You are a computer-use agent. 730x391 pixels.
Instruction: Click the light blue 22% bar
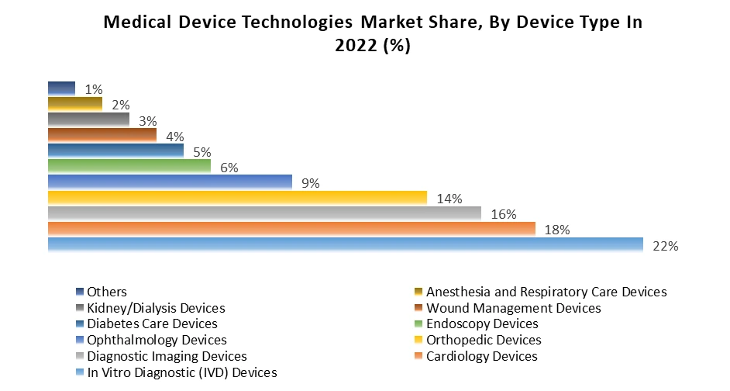tap(345, 244)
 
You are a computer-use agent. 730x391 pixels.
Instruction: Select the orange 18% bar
tap(291, 229)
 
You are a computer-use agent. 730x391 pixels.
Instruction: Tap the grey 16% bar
tap(264, 213)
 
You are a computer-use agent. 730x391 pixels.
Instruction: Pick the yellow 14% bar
tap(237, 198)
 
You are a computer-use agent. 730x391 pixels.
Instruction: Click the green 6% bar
tap(129, 166)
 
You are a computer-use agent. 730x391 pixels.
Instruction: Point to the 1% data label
tap(94, 89)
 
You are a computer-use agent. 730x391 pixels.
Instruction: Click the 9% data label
tap(310, 183)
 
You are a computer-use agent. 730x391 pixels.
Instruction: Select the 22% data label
tap(666, 246)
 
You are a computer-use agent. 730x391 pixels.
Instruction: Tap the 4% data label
tap(174, 137)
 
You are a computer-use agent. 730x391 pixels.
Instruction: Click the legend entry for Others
tap(108, 292)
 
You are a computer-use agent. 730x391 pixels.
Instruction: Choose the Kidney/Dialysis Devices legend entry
tap(156, 308)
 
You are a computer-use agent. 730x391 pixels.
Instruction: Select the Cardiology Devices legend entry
tap(481, 356)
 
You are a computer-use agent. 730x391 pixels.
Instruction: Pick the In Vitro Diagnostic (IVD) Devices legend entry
tap(182, 372)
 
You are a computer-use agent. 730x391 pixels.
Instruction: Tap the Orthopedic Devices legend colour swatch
tap(418, 340)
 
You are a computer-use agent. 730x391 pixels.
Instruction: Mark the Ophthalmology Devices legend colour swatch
tap(80, 340)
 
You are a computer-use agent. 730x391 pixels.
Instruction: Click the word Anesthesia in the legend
tap(458, 292)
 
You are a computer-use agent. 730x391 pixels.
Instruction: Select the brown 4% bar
tap(102, 135)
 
